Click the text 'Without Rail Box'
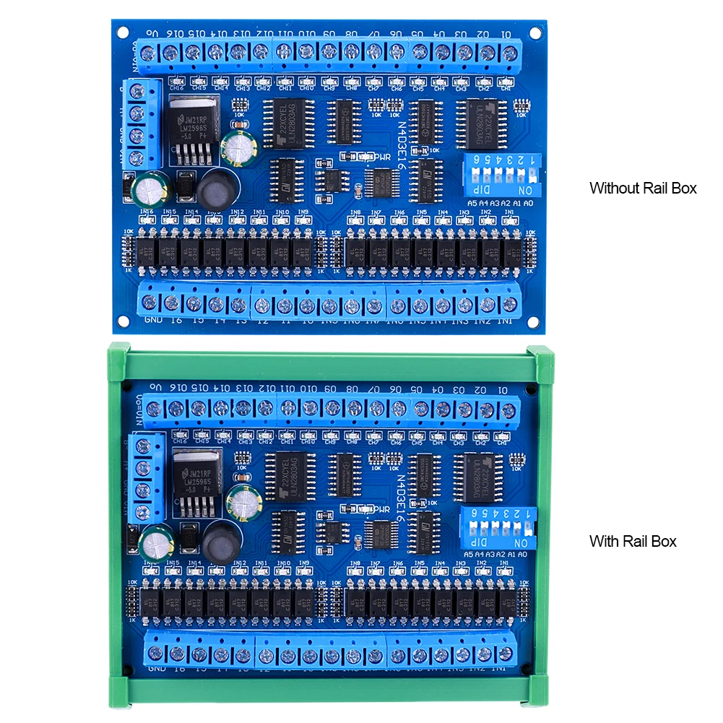[643, 189]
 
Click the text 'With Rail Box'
[633, 541]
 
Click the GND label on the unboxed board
[152, 320]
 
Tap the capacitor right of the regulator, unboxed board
[237, 147]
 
